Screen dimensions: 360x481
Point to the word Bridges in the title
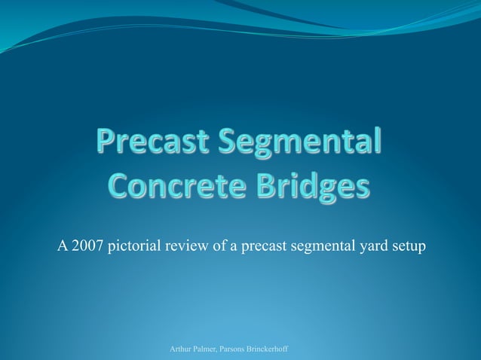(317, 185)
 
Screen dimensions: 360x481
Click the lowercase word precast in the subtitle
(264, 246)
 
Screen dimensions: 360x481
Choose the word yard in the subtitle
(372, 246)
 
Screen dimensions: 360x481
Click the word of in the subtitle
(219, 246)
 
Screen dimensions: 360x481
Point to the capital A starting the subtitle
(63, 246)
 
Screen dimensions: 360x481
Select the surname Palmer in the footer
(209, 349)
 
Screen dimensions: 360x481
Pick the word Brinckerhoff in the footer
(273, 349)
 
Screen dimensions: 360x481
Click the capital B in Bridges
(275, 185)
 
